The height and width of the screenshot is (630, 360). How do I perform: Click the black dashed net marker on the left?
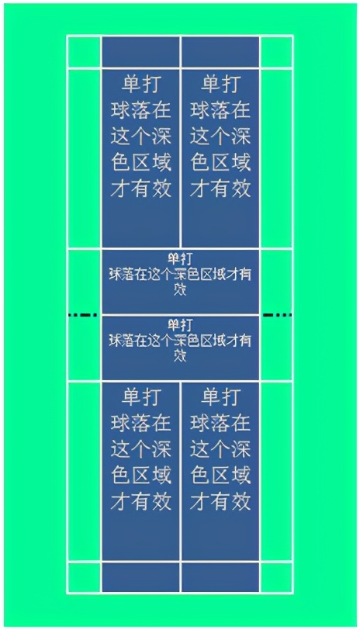83,315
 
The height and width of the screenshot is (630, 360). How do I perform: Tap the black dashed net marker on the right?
277,315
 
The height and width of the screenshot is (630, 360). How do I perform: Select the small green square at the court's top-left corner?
84,52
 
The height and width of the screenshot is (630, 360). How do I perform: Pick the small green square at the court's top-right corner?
276,52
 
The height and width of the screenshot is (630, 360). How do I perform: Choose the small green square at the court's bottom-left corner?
84,577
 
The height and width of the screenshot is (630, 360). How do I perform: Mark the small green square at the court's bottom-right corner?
276,577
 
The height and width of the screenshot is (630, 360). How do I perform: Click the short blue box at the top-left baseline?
140,52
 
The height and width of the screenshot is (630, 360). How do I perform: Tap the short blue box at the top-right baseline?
220,52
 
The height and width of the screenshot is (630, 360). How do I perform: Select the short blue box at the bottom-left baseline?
140,577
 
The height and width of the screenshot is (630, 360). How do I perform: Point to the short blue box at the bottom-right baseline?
220,577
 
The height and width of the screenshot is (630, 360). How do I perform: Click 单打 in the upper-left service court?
141,85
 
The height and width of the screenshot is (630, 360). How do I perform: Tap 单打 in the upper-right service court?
220,85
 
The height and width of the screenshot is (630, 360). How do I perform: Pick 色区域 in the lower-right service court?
220,476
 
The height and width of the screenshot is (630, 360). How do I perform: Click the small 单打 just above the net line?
180,258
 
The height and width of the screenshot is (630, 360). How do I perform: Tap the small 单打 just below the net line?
180,324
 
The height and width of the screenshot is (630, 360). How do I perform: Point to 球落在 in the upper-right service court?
220,110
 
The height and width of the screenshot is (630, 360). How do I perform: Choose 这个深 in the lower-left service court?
141,449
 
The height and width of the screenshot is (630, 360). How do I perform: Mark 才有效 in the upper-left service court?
141,189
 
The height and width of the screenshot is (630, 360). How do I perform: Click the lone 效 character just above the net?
180,289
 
